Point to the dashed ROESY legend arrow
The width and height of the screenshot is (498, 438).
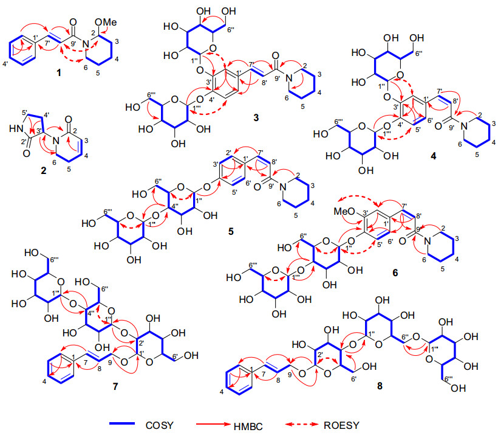coord(329,423)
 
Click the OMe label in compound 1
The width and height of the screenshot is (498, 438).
coord(104,23)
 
